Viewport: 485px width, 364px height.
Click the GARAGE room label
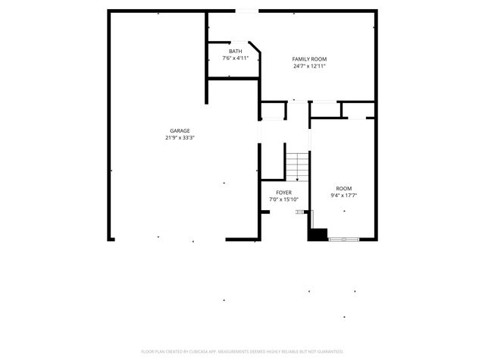point(180,130)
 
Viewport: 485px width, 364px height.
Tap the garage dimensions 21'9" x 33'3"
point(180,138)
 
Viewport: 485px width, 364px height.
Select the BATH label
point(236,52)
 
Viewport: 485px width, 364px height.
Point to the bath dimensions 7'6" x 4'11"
point(236,58)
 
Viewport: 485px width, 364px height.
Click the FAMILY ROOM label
point(310,58)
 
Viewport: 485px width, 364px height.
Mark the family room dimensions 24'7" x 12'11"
point(310,66)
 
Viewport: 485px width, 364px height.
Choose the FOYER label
point(284,193)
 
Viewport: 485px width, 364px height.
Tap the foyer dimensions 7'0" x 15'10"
point(284,199)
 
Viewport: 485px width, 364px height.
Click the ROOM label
point(344,188)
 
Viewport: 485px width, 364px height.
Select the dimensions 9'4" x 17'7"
point(344,196)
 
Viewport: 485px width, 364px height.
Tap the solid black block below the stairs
point(318,234)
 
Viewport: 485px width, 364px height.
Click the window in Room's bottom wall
point(343,240)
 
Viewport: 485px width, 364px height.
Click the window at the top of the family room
point(246,11)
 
